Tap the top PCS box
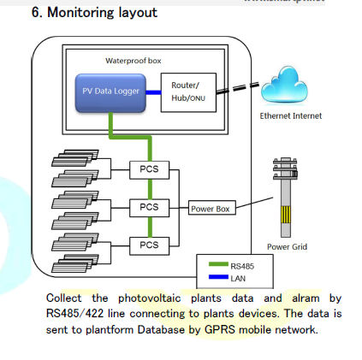(x=149, y=168)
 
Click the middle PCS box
(x=149, y=207)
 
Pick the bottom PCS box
(x=149, y=245)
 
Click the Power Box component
(x=211, y=208)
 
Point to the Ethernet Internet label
(x=291, y=116)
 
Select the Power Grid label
(x=286, y=247)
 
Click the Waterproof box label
(x=134, y=61)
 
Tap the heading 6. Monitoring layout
(x=94, y=13)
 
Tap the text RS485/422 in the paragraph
(x=74, y=314)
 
